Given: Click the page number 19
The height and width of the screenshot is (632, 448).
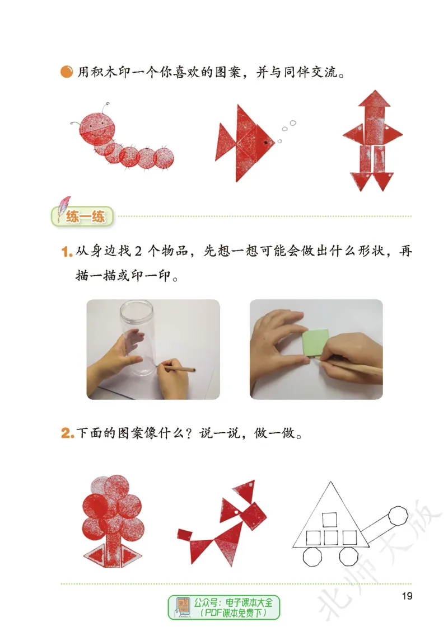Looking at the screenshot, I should pyautogui.click(x=407, y=596).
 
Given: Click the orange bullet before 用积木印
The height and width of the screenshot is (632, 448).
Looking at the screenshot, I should pyautogui.click(x=66, y=72).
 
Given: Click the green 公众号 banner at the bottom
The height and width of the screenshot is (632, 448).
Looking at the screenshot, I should pyautogui.click(x=224, y=607).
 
